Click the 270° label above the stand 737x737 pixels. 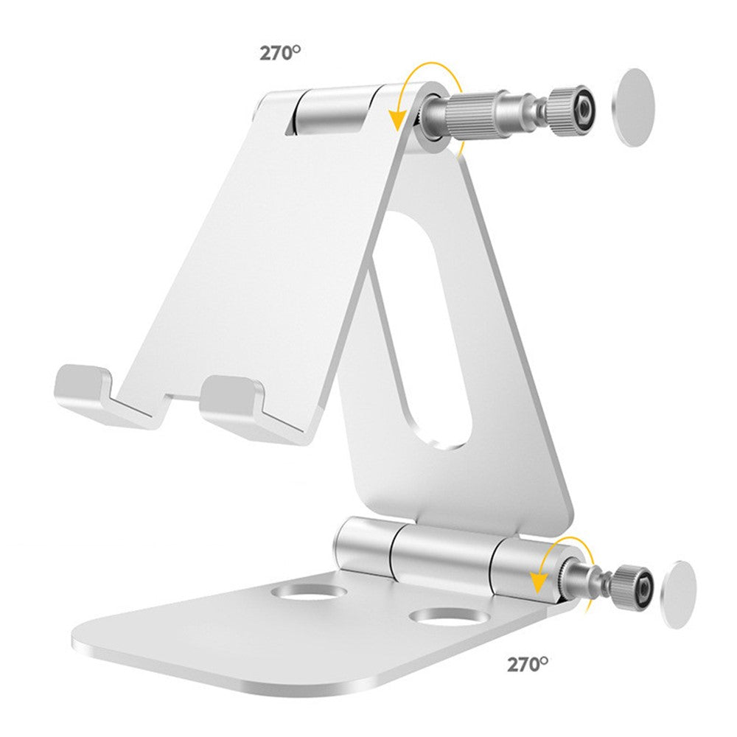tap(279, 52)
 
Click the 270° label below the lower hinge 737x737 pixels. tap(528, 664)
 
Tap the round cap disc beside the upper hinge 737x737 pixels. tap(634, 108)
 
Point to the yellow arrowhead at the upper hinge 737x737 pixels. tap(398, 119)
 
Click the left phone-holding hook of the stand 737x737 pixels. tap(94, 396)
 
